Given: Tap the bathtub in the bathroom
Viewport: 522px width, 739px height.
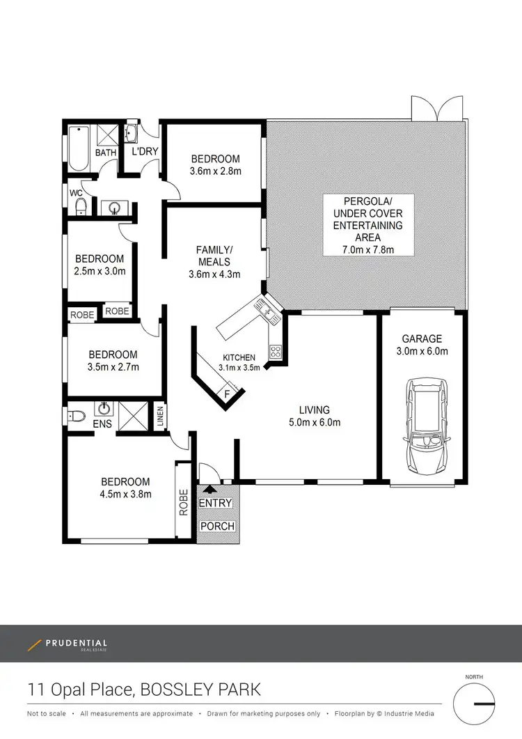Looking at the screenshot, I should pyautogui.click(x=78, y=148).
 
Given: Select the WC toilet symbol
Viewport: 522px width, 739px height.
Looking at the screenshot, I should pyautogui.click(x=80, y=205).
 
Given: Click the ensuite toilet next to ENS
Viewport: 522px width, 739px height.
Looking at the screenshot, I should pyautogui.click(x=76, y=417).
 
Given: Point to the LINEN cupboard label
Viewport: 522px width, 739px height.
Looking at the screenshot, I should pyautogui.click(x=160, y=417).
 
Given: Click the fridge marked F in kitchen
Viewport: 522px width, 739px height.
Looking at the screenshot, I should pyautogui.click(x=226, y=394).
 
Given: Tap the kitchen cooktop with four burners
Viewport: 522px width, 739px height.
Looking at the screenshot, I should pyautogui.click(x=276, y=352).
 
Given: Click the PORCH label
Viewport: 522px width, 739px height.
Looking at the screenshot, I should pyautogui.click(x=217, y=526).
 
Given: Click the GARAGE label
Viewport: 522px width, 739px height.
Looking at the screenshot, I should pyautogui.click(x=422, y=339).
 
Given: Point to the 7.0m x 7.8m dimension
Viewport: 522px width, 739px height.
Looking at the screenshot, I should pyautogui.click(x=367, y=249).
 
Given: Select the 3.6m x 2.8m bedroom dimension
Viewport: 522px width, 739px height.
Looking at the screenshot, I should pyautogui.click(x=216, y=171).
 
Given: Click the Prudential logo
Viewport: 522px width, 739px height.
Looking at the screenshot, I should pyautogui.click(x=68, y=645).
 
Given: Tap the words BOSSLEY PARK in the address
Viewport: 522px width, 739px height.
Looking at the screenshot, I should pyautogui.click(x=200, y=690).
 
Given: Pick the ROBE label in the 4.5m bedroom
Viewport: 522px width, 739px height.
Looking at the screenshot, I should pyautogui.click(x=184, y=501).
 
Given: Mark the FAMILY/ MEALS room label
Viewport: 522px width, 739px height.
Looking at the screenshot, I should pyautogui.click(x=214, y=256).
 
